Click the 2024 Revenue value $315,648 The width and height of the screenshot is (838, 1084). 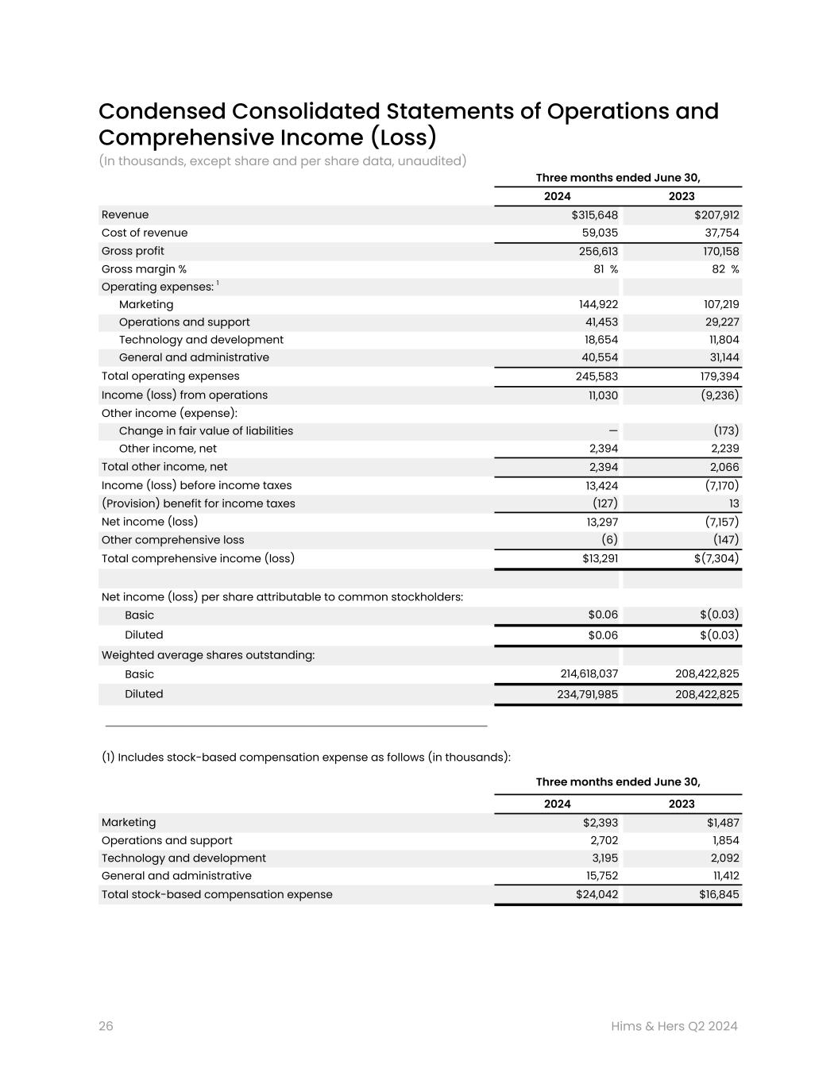coord(594,215)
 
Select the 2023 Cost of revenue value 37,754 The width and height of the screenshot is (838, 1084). coord(720,233)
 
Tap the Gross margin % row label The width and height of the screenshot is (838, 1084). coord(144,269)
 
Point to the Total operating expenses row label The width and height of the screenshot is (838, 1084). coord(170,376)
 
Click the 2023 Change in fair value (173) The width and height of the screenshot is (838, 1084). coord(726,430)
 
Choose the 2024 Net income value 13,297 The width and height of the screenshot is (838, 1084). coord(601,522)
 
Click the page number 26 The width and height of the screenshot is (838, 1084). coord(106,1026)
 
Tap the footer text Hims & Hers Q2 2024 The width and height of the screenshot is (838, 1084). coord(674,1026)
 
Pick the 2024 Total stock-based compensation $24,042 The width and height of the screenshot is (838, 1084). coord(597,895)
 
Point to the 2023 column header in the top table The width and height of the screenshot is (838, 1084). coord(681,196)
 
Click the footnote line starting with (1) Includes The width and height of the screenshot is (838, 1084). coord(306,757)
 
